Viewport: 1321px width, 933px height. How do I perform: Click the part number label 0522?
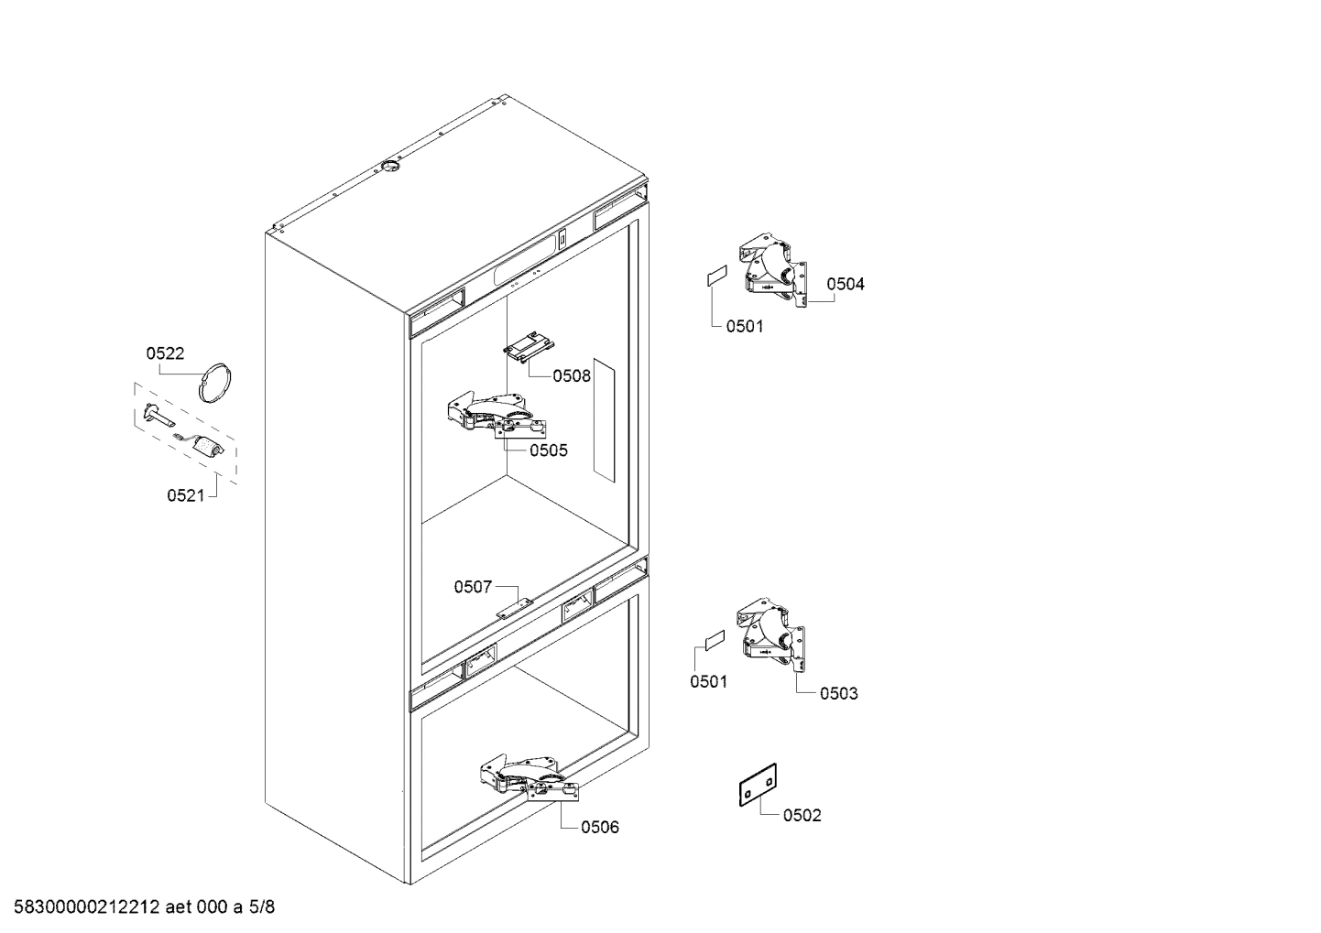coord(165,353)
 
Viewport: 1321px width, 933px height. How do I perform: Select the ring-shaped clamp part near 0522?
coord(216,381)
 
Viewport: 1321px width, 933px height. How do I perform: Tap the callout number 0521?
coord(186,495)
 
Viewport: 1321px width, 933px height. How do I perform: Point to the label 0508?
coord(572,375)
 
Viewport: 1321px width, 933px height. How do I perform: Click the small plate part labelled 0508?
coord(529,347)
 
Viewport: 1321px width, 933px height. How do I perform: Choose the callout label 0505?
coord(548,450)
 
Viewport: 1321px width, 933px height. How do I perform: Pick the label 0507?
coord(473,587)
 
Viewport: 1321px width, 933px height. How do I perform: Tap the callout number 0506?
coord(600,828)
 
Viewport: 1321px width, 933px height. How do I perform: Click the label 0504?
coord(845,284)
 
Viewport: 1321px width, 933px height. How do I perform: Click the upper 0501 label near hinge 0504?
coord(744,326)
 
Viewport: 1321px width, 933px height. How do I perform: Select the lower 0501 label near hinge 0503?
coord(708,681)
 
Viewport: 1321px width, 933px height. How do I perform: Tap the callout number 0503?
coord(838,693)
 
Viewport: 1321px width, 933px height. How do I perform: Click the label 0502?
coord(802,815)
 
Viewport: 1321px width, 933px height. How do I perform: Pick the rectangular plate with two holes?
coord(759,786)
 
